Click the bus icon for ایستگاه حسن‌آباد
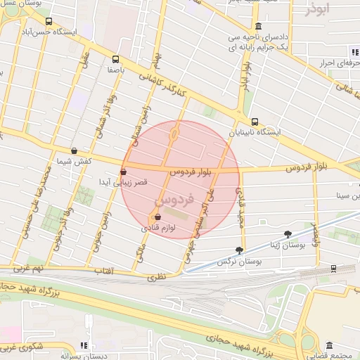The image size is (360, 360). point(49,21)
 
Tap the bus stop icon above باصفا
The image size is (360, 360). point(115,60)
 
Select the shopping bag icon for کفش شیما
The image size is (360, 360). point(75,150)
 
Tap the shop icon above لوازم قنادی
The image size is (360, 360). point(156,217)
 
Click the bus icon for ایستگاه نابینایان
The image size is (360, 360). point(255,121)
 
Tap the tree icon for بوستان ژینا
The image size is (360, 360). point(287,233)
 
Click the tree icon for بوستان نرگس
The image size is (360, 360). point(240,250)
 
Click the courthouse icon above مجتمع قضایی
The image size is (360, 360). point(329,345)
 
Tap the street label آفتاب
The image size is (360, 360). point(103,271)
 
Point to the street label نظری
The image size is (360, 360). point(156,278)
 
